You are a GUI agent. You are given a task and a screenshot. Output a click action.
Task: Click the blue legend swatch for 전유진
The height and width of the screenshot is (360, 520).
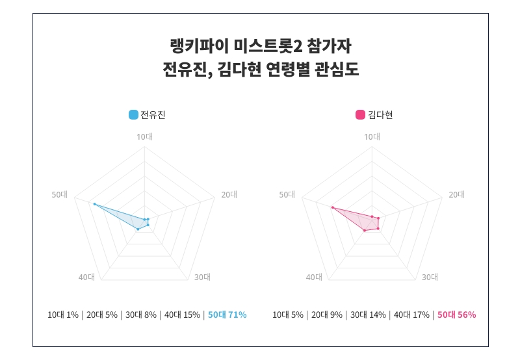coord(133,115)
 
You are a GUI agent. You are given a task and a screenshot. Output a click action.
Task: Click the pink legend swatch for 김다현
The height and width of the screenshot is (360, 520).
coord(360,115)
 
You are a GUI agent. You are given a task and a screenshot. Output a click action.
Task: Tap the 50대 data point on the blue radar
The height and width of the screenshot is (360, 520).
coord(94,204)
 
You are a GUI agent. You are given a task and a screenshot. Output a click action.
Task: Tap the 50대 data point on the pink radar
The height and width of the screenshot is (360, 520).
coord(332,208)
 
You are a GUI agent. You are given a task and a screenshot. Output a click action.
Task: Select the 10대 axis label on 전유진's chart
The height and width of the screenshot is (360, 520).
coord(144,136)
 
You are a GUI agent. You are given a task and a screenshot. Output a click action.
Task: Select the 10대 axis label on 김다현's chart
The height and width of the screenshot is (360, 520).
coord(372,136)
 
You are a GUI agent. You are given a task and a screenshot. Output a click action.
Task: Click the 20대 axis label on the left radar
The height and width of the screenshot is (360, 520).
coord(229,194)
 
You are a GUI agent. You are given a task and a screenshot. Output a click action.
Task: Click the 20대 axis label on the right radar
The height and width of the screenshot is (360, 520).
coord(457,194)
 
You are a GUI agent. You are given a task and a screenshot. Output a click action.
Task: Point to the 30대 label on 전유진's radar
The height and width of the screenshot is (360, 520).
coord(202,277)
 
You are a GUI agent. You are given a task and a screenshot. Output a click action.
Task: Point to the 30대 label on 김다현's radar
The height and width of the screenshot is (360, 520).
coord(430,277)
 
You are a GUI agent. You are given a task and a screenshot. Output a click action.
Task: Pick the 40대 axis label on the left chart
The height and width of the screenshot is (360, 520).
coord(86,277)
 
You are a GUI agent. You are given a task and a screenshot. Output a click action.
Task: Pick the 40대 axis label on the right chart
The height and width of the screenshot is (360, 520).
coord(314,277)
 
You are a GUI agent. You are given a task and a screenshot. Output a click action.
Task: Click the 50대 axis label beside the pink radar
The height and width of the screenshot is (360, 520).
coord(287,194)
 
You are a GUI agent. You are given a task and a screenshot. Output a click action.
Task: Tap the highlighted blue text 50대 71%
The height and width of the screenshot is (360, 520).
coord(227,315)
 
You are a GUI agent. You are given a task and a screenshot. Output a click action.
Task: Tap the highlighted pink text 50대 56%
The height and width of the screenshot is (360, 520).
coord(456,315)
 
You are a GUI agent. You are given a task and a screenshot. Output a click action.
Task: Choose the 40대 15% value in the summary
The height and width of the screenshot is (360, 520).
coord(182,315)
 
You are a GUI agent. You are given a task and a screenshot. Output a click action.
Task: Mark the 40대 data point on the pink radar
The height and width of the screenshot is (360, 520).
coord(365,231)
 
